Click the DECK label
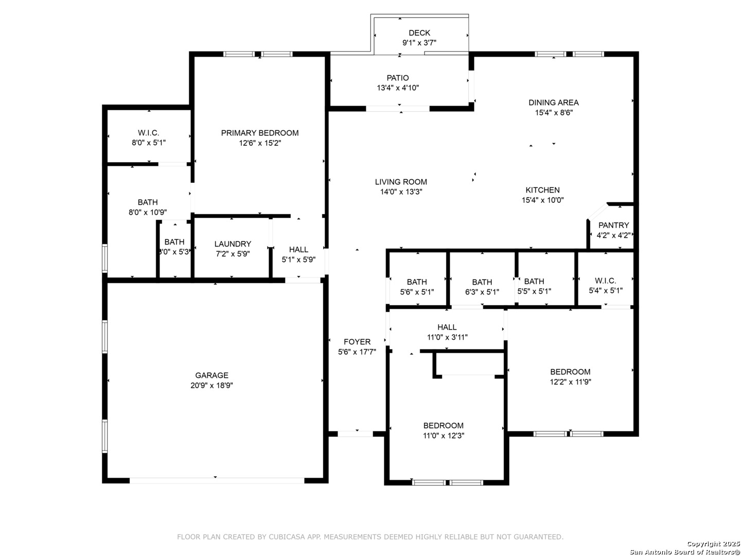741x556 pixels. (x=419, y=33)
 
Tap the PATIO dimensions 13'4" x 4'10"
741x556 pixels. (x=398, y=88)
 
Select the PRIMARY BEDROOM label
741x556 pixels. (x=259, y=133)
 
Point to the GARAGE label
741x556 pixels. (x=211, y=375)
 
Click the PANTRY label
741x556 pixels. (x=613, y=225)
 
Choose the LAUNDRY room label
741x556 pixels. (x=233, y=244)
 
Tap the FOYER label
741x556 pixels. (x=357, y=342)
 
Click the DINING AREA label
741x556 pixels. (x=554, y=102)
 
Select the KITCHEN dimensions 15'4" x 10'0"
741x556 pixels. (x=542, y=200)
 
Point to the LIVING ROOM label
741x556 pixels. (x=401, y=182)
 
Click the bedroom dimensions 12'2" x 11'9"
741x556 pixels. (x=570, y=382)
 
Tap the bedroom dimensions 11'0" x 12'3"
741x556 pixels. (x=444, y=436)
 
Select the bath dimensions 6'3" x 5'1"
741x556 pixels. (x=482, y=292)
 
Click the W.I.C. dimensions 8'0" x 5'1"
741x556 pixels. (x=149, y=143)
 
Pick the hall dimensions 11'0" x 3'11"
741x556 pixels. (x=447, y=337)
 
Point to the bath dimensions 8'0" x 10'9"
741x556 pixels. (x=148, y=212)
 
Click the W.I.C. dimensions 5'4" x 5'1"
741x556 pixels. (x=606, y=291)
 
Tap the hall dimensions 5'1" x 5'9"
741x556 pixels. (x=299, y=259)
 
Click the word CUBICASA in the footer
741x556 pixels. (x=287, y=537)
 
